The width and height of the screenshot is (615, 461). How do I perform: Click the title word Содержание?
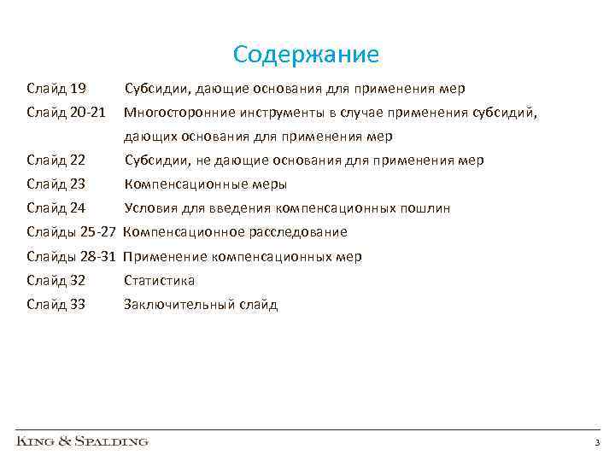[306, 55]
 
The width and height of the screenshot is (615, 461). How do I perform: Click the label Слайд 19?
[56, 89]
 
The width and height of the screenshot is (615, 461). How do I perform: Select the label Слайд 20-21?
[66, 113]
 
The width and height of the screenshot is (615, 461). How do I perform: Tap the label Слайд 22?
[56, 160]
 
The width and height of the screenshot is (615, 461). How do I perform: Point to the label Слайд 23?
[56, 184]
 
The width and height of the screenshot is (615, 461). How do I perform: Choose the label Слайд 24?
[56, 208]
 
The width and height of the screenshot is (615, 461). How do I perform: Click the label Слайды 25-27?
[72, 232]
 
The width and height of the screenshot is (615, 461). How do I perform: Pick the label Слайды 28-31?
[72, 256]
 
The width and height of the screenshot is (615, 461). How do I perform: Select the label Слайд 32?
[56, 280]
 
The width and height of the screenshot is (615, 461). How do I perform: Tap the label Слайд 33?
[56, 305]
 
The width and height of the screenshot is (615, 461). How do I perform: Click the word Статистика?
[160, 280]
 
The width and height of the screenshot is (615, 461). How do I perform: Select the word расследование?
[298, 232]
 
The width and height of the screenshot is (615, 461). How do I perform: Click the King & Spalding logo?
[83, 441]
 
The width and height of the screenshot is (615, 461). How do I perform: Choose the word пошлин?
[425, 208]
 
